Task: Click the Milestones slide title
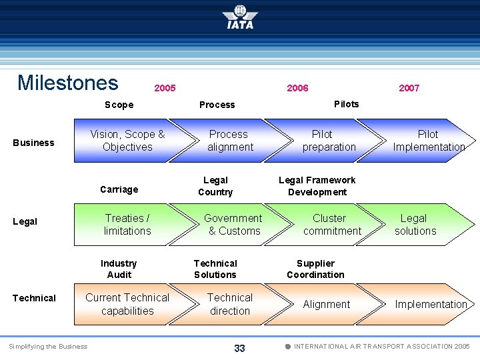pos(67,83)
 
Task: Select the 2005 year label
pos(165,88)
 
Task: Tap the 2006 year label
pos(297,88)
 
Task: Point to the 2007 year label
pos(409,88)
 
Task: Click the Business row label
pos(34,143)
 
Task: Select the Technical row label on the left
pos(34,298)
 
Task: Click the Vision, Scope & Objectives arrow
pos(127,141)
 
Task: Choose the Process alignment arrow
pos(230,141)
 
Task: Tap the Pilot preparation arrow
pos(329,141)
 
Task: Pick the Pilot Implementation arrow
pos(428,141)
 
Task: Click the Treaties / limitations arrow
pos(127,225)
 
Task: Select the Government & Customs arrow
pos(233,225)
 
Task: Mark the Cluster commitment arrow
pos(331,225)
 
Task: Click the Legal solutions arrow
pos(415,225)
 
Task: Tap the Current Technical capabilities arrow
pos(127,304)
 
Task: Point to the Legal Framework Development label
pos(317,186)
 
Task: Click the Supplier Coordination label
pos(315,269)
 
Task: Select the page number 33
pos(239,348)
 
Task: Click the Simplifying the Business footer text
pos(48,347)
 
